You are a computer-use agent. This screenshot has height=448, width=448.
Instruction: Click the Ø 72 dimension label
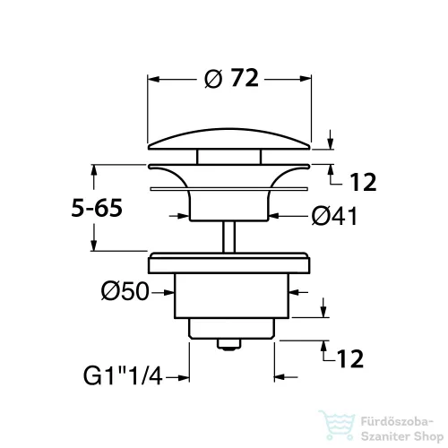(231, 79)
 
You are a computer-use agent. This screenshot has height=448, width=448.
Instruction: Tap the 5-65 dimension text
(97, 208)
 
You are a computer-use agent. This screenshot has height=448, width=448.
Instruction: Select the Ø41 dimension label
(334, 216)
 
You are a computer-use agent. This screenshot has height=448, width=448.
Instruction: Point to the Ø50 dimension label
(125, 291)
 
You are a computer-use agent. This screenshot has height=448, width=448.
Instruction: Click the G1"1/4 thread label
(123, 376)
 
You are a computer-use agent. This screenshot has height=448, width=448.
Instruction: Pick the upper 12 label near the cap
(363, 182)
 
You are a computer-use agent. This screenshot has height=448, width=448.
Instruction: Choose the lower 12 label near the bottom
(350, 358)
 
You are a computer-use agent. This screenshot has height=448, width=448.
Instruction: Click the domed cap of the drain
(229, 139)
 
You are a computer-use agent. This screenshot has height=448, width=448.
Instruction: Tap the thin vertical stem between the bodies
(229, 237)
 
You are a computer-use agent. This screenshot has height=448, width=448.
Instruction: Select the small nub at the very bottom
(229, 344)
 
